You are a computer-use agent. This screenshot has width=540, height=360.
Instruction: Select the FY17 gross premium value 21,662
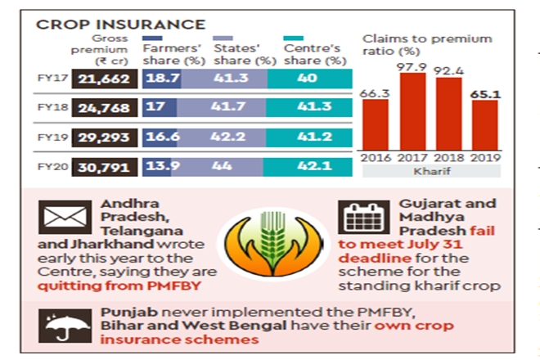point(105,79)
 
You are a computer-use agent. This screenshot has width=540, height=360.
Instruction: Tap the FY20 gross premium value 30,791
point(105,169)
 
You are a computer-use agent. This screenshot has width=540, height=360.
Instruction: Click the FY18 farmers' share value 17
point(154,108)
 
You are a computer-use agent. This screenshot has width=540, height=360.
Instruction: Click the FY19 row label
point(52,138)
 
